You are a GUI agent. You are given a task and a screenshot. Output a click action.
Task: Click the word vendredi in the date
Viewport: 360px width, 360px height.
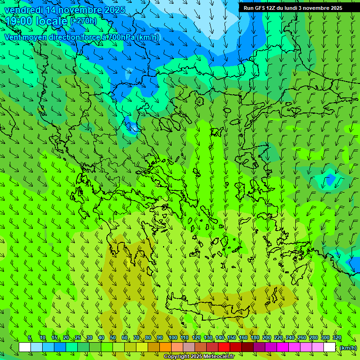(x=24, y=10)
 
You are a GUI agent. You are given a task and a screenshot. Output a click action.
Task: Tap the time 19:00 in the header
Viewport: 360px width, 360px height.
(x=18, y=21)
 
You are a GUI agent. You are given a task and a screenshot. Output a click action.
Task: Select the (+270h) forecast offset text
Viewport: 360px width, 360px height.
(x=83, y=21)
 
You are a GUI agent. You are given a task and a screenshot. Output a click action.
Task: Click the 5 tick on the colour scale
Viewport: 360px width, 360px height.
(x=30, y=338)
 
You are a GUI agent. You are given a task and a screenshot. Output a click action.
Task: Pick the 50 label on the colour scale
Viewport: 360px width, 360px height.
(x=113, y=338)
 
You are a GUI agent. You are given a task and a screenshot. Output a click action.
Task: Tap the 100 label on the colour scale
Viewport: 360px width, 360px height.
(x=172, y=338)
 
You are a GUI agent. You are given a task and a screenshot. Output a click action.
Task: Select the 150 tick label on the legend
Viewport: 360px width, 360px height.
(x=232, y=338)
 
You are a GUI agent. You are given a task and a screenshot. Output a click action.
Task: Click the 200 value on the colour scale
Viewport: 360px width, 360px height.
(x=267, y=338)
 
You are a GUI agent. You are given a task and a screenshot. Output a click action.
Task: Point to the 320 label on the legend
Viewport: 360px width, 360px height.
(x=337, y=338)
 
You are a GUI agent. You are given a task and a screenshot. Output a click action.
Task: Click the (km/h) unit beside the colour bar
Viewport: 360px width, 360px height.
(x=348, y=347)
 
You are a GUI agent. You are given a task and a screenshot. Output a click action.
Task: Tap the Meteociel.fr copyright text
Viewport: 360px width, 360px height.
(x=199, y=357)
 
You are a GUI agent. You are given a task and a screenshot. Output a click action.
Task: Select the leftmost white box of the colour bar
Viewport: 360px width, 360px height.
(x=25, y=347)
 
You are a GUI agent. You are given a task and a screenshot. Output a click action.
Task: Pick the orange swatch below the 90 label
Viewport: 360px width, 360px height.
(x=165, y=347)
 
